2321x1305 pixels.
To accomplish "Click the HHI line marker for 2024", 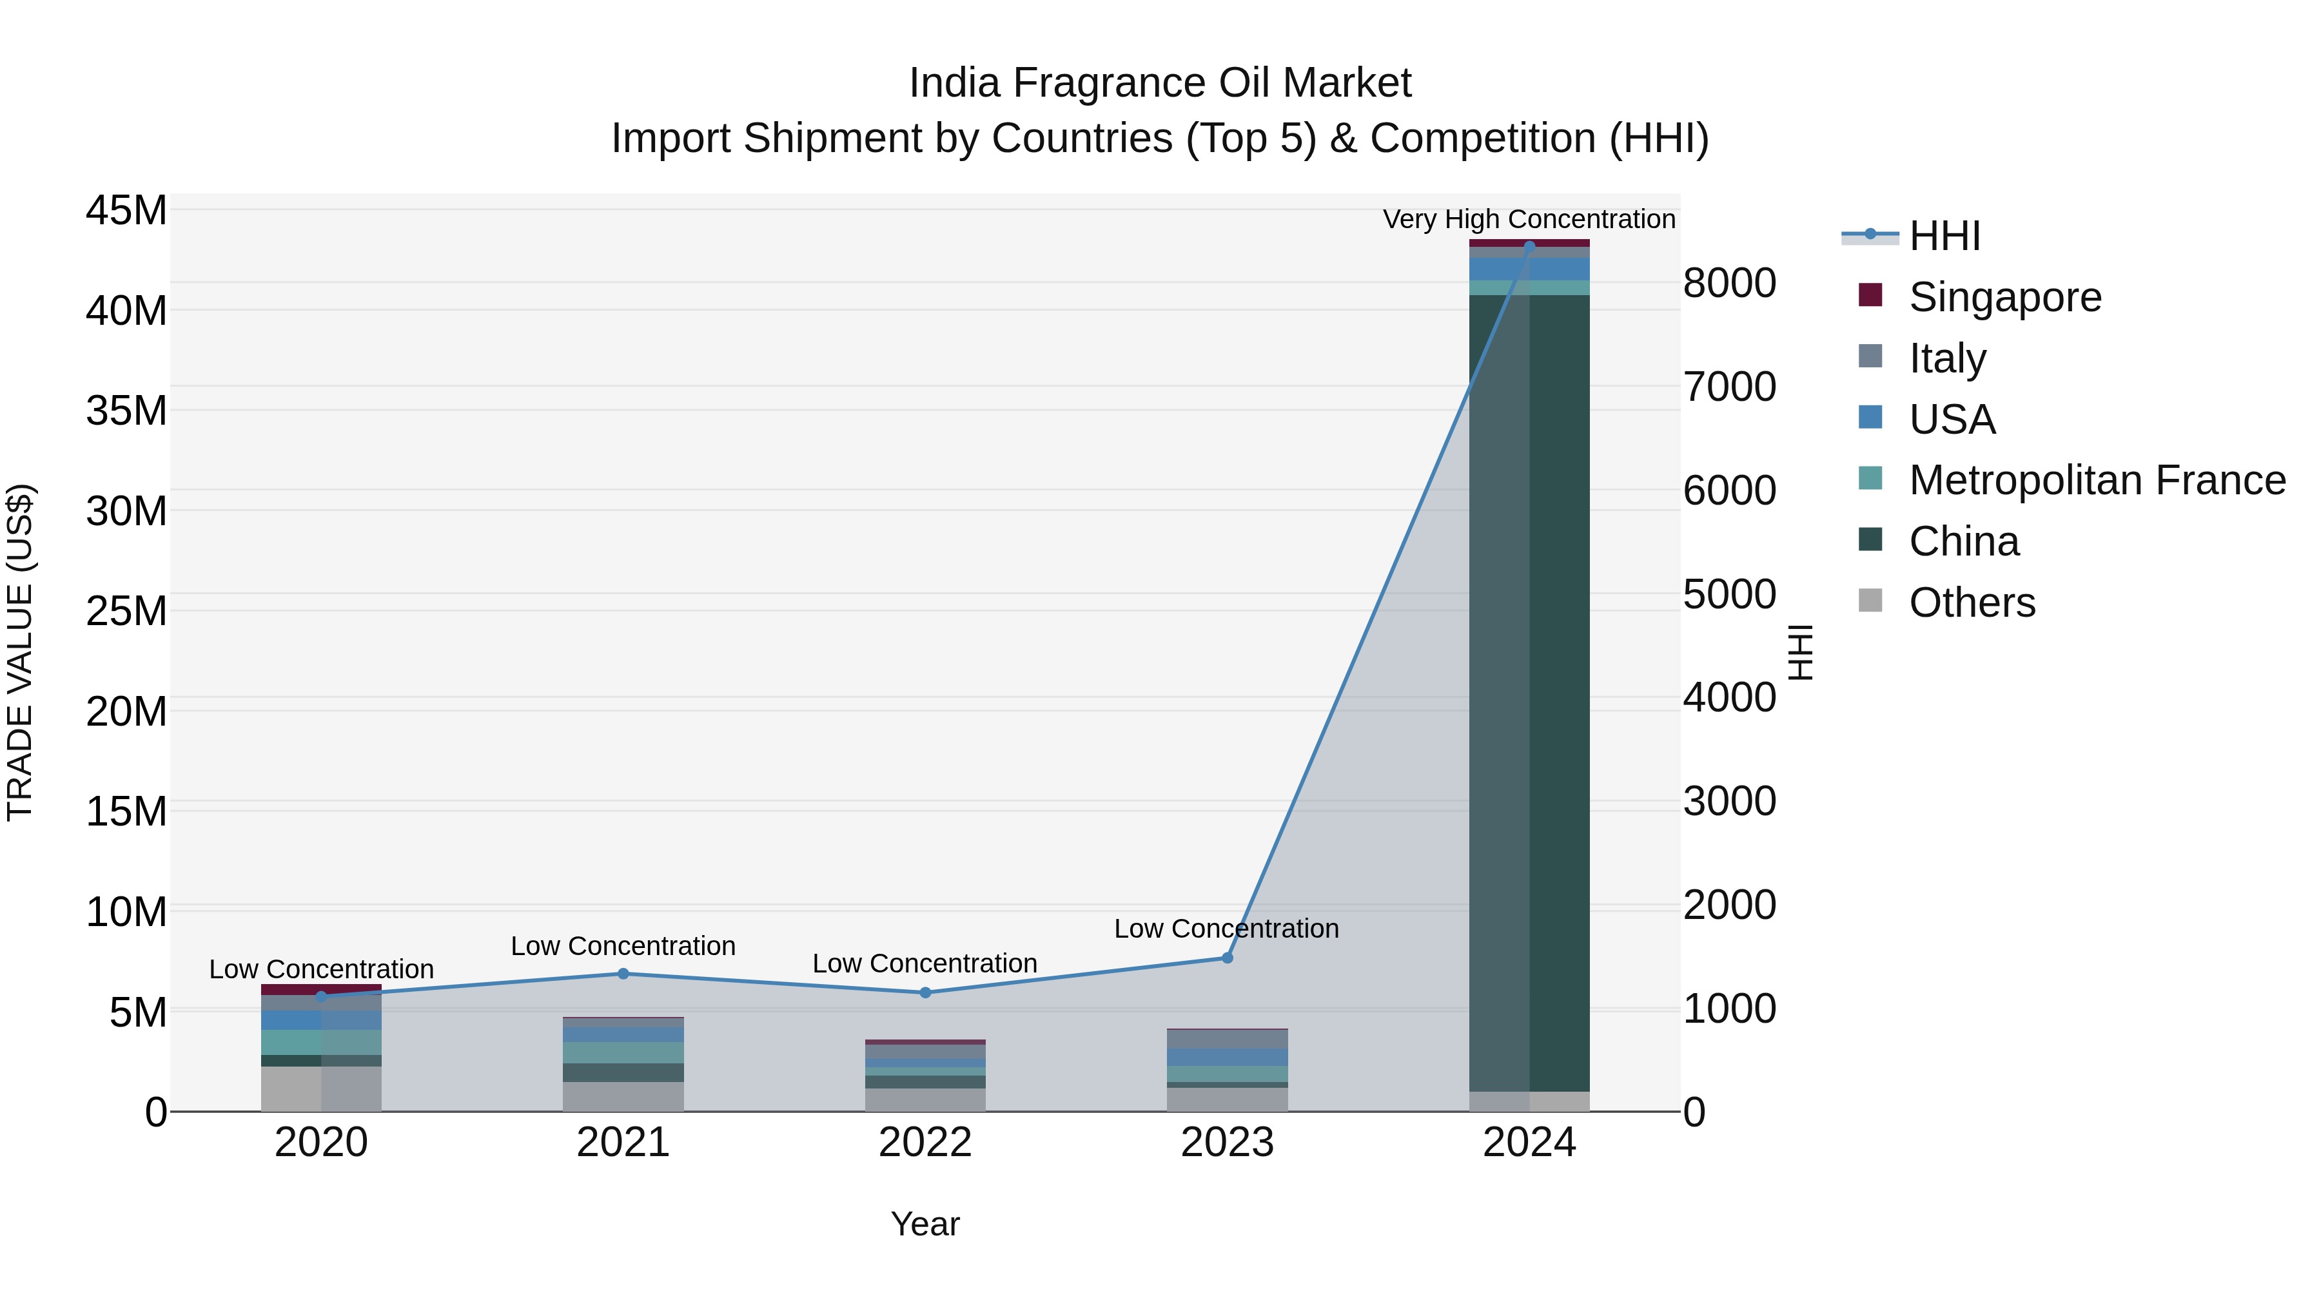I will (x=1529, y=246).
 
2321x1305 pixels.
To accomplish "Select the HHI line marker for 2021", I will (x=623, y=974).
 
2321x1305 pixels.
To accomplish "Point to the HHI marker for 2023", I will (x=1226, y=958).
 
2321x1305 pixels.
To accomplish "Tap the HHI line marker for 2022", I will (x=925, y=992).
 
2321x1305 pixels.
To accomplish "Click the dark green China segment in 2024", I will (x=1529, y=693).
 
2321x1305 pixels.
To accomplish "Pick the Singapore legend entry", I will (x=2004, y=297).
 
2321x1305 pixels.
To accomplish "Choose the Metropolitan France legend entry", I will (x=2096, y=480).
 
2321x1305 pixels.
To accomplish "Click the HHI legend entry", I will (x=1943, y=236).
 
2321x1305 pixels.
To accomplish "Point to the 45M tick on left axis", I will (x=126, y=211).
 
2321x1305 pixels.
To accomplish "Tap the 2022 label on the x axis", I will (x=925, y=1143).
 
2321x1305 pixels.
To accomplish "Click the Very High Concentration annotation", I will (x=1529, y=219).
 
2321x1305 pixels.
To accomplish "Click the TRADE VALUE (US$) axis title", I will (x=20, y=652).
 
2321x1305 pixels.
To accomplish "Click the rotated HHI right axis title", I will (x=1799, y=652).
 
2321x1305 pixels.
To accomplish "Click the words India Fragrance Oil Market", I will (x=1160, y=83).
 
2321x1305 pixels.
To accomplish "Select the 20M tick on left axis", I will (x=126, y=711).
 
